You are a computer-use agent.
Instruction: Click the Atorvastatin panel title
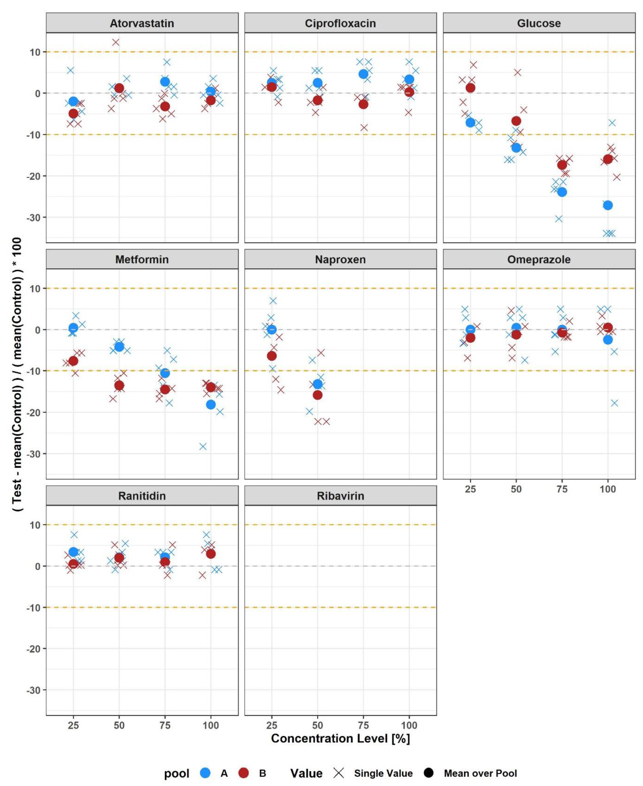coord(142,23)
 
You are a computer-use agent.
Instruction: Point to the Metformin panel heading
coord(142,260)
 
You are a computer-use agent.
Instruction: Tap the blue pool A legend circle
coord(205,773)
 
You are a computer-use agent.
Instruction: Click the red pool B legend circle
coord(243,773)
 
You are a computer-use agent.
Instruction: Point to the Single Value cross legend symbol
coord(339,773)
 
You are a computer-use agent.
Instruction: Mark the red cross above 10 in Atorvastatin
coord(116,42)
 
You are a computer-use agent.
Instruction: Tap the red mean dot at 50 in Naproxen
coord(317,395)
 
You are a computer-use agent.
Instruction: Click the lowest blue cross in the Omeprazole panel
coord(614,403)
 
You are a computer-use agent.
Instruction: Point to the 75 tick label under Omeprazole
coord(562,489)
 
